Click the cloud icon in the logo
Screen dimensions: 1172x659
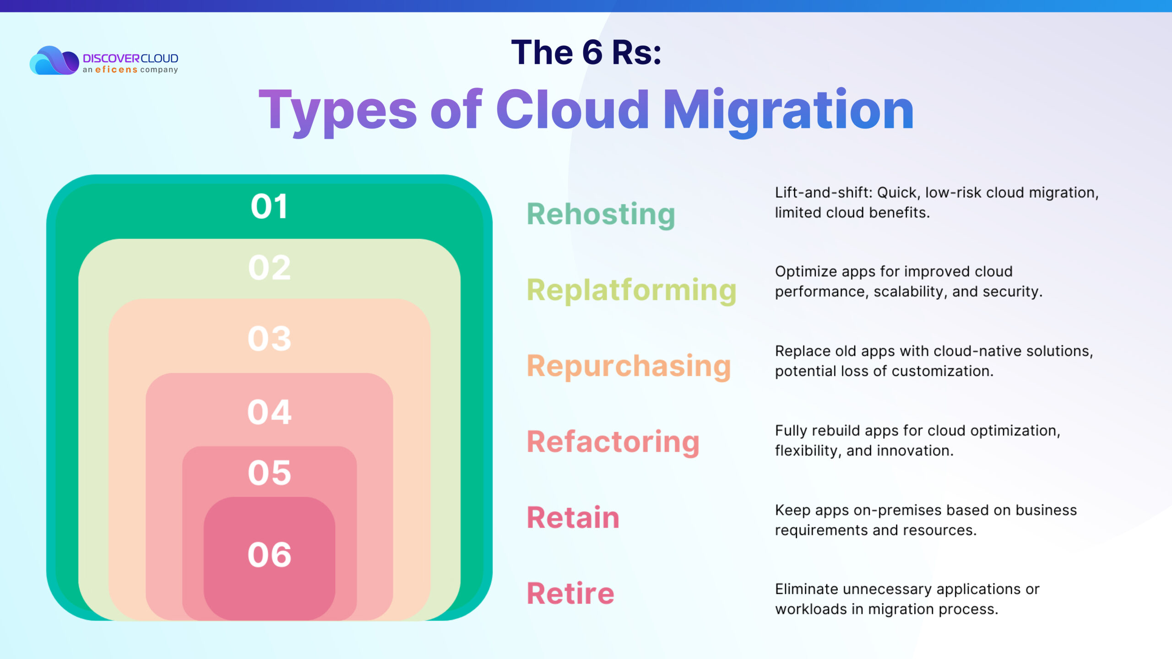pos(54,60)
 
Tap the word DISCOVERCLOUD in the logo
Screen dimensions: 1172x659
pos(130,59)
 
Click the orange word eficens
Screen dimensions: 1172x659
pos(116,70)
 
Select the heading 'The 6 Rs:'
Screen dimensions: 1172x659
pos(586,52)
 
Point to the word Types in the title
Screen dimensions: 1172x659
pos(338,112)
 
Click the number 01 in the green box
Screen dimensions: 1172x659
pos(269,206)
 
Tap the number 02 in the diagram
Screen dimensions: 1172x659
pos(269,268)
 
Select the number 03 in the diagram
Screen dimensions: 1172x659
pos(269,339)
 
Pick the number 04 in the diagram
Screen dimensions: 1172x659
pos(269,412)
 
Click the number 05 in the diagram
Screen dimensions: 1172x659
pos(269,473)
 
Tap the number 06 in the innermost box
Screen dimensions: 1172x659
pos(269,555)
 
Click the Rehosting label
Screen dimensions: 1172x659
pos(601,215)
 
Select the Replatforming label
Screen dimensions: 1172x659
pos(632,291)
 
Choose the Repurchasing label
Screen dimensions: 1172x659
pos(629,367)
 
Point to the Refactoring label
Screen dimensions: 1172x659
pos(613,443)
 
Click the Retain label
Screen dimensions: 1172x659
pos(573,518)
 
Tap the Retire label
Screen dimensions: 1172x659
pos(570,594)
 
